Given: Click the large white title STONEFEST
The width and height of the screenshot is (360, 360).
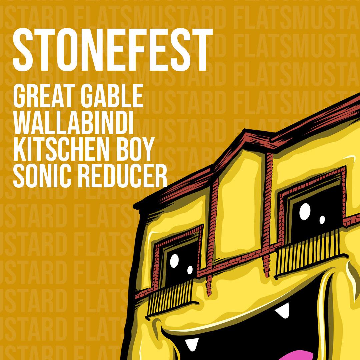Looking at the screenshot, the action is [x=113, y=50].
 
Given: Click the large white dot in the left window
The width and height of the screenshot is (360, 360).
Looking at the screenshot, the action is [x=174, y=261].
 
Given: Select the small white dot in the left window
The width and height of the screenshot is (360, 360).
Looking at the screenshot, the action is [x=190, y=270].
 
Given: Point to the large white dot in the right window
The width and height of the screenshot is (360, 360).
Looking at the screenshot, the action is [x=305, y=211].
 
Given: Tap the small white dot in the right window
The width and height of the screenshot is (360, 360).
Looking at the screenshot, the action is [x=322, y=220].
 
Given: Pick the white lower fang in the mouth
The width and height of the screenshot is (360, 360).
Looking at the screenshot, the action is [x=191, y=344].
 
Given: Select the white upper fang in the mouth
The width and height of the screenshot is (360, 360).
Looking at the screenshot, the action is [x=283, y=310].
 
